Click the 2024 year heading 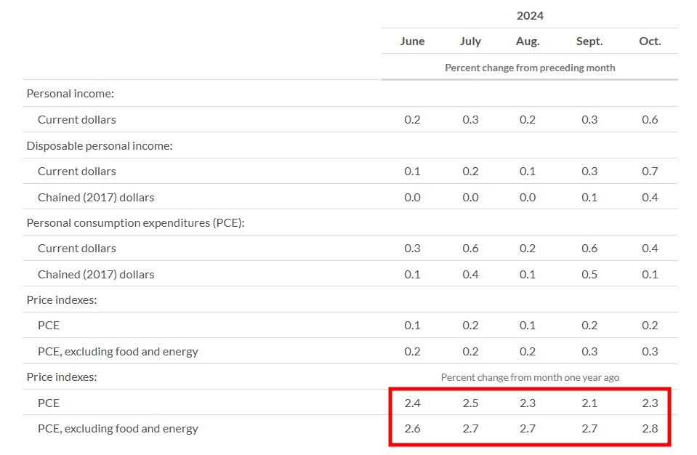[530, 15]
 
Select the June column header [412, 41]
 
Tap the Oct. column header [650, 41]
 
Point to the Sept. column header [589, 41]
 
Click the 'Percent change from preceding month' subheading [530, 68]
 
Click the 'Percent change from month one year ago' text [530, 377]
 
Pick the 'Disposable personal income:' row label [100, 145]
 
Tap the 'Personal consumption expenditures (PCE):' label [135, 222]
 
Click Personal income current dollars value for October [650, 119]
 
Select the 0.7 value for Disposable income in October [650, 171]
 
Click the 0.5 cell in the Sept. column [589, 274]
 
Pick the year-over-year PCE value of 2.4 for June [412, 403]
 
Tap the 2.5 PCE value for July [470, 403]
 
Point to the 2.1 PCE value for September [589, 403]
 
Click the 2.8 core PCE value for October [650, 428]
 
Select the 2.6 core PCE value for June [412, 428]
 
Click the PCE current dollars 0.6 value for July [470, 249]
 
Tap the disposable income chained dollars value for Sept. [589, 197]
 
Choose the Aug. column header [528, 41]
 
